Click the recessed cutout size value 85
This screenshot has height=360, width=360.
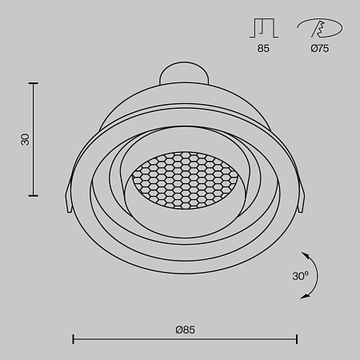263,48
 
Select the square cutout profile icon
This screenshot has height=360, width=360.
262,29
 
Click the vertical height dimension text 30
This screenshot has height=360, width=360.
25,138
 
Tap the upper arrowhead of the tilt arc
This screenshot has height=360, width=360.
307,255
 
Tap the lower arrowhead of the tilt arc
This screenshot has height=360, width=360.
305,297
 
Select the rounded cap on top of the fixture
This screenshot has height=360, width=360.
183,74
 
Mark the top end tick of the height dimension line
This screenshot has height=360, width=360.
34,82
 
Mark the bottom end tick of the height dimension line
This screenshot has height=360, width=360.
34,195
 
